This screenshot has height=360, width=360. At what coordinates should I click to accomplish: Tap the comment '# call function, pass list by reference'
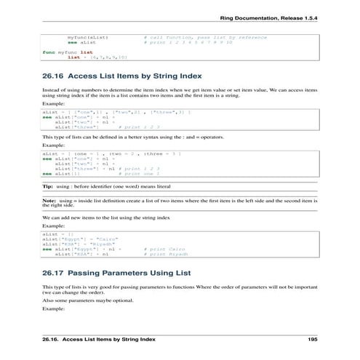(205, 36)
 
